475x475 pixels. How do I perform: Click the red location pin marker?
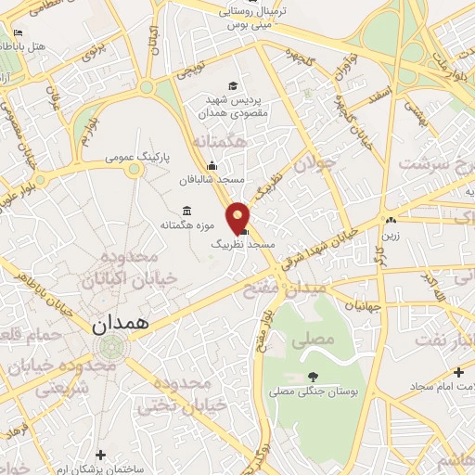tap(239, 216)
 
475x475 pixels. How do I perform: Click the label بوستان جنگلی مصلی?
tap(314, 393)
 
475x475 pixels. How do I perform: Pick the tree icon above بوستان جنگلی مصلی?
tap(313, 377)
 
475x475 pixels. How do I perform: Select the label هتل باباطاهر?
tap(37, 45)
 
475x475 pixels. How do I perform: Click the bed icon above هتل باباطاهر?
tap(18, 32)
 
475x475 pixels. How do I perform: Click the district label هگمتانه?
tap(224, 142)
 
